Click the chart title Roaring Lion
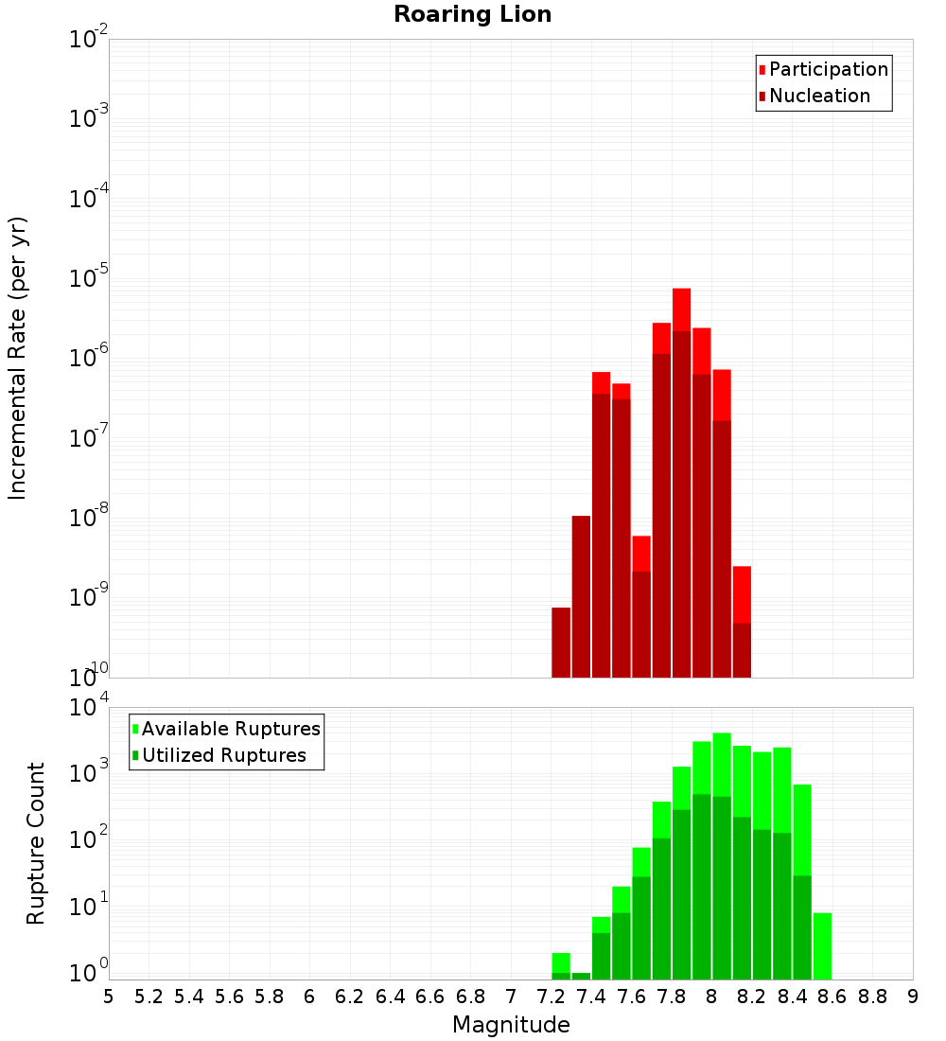coord(473,14)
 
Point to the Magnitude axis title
coord(511,1025)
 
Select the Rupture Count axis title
coord(36,843)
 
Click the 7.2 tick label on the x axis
coord(551,997)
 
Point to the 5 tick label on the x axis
coord(109,997)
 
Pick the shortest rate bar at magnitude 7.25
coord(561,643)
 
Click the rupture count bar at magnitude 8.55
coord(822,946)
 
